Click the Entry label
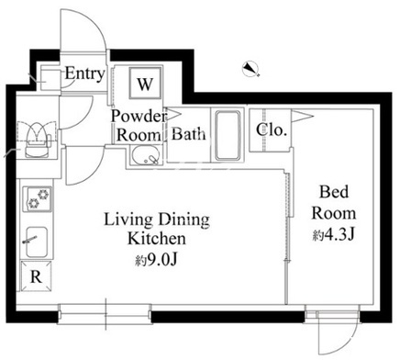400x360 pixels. click(x=84, y=73)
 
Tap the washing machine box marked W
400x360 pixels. click(x=145, y=83)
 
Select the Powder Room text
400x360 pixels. click(x=139, y=126)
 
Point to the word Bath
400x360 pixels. click(x=188, y=134)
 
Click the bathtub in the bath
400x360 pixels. click(x=228, y=135)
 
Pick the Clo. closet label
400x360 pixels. click(x=272, y=129)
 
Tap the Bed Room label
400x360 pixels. click(x=334, y=203)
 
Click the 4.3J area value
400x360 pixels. click(x=333, y=235)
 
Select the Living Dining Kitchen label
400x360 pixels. click(x=157, y=229)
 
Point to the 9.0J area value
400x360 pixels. click(x=157, y=260)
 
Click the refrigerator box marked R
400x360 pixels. click(x=36, y=276)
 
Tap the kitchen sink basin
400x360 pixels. click(x=37, y=242)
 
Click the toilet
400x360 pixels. click(x=38, y=141)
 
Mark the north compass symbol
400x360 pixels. click(x=250, y=69)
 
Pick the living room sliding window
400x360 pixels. click(x=105, y=314)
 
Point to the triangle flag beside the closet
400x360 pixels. click(x=302, y=116)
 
